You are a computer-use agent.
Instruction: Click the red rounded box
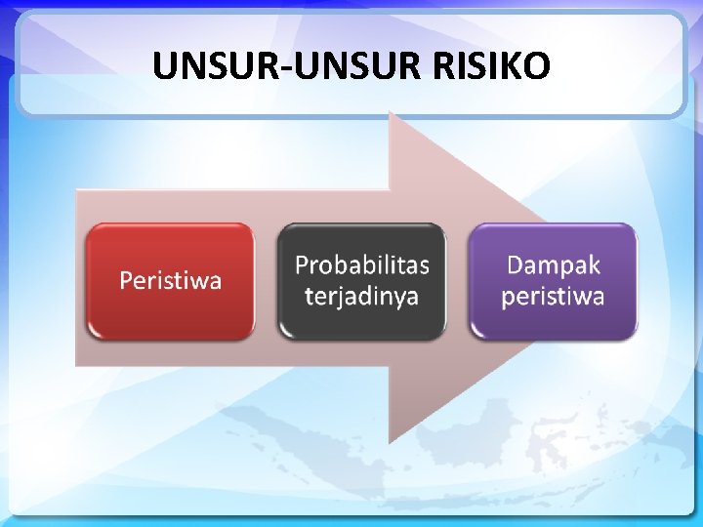click(170, 281)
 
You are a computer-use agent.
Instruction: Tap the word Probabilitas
click(361, 265)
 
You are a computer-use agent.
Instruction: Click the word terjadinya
click(361, 296)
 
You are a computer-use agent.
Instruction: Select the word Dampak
click(553, 264)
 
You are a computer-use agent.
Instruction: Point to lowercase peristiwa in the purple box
click(553, 296)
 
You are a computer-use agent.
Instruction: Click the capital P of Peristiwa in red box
click(126, 281)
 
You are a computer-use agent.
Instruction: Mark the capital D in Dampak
click(515, 264)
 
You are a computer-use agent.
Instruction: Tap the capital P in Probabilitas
click(302, 265)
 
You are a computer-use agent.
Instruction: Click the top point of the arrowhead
click(390, 113)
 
